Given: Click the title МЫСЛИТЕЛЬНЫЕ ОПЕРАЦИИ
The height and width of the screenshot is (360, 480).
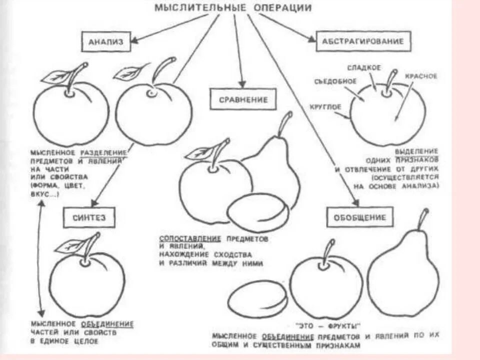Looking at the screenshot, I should [x=232, y=8].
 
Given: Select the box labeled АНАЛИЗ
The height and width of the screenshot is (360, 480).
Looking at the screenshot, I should [x=105, y=42].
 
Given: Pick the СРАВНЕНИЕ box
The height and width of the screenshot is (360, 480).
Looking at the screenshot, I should [x=243, y=99].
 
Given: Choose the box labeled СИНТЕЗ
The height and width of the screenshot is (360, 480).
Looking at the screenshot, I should [x=89, y=217].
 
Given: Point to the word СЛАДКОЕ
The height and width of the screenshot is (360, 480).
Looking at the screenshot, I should [x=364, y=67].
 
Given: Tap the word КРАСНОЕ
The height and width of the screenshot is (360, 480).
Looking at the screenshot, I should [x=421, y=76].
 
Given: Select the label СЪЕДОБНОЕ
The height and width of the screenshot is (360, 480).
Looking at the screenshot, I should [x=335, y=81].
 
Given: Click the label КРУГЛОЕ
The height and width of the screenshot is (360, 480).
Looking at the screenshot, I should [x=325, y=106].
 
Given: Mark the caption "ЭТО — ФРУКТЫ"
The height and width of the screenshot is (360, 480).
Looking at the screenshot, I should [x=335, y=325].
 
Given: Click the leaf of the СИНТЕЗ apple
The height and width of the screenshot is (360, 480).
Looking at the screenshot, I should [x=71, y=245].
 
